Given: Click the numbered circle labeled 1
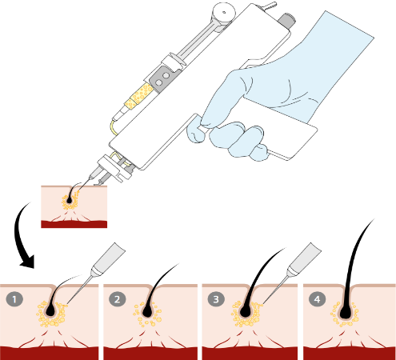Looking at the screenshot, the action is pos(14,299).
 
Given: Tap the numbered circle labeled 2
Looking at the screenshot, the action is pos(118,299).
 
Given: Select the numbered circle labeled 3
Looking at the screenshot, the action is pos(216,299).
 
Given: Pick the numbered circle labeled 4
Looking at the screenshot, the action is pos(317,299).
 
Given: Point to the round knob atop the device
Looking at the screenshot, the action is pos(224,13).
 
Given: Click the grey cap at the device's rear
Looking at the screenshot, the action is pos(286,20).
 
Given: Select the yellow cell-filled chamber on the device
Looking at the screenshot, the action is pos(138,96).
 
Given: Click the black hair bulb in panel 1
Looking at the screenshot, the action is pos(50,311).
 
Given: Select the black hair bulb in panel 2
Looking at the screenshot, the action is pos(147,312).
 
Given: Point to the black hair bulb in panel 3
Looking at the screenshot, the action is pos(246,311).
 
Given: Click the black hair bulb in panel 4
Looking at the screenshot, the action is pos(346,313).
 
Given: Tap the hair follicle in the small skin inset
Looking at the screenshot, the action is pos(70,199).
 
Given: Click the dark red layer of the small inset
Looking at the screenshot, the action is pos(74,224).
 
